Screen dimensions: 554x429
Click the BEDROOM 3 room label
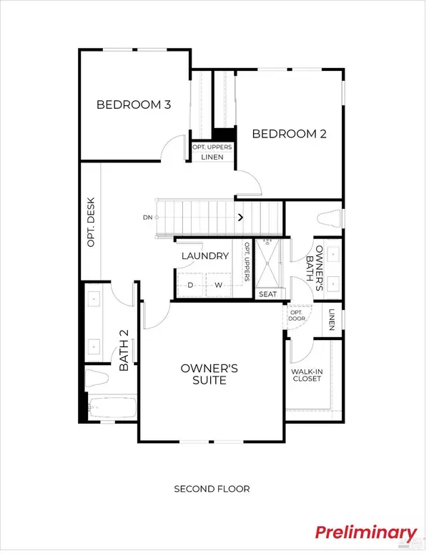click(134, 105)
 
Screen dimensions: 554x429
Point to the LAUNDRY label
click(205, 256)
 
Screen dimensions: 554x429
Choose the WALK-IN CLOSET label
click(307, 375)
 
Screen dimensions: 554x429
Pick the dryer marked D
click(190, 285)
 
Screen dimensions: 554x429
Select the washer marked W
click(220, 285)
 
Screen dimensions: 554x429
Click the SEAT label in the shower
click(268, 293)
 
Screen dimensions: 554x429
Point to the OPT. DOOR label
click(296, 316)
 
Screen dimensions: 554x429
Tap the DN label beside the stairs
click(147, 217)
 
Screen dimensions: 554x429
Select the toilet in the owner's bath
click(329, 218)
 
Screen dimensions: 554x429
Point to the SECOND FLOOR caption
click(212, 489)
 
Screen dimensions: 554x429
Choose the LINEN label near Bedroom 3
click(212, 157)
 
